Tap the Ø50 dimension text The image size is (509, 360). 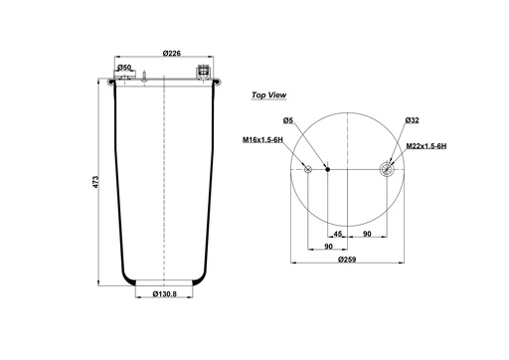[124, 67]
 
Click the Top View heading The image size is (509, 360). [269, 96]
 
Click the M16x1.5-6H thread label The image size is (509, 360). [261, 140]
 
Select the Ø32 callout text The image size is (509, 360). [411, 119]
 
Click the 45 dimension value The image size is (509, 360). [337, 234]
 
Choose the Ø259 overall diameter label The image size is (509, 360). [347, 259]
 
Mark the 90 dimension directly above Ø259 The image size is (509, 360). [327, 247]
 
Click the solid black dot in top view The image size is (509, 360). [327, 170]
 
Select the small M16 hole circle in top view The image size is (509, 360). [309, 170]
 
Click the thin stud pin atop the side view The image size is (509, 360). [145, 76]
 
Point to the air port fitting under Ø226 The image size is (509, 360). [203, 73]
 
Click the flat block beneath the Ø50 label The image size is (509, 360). [122, 79]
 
